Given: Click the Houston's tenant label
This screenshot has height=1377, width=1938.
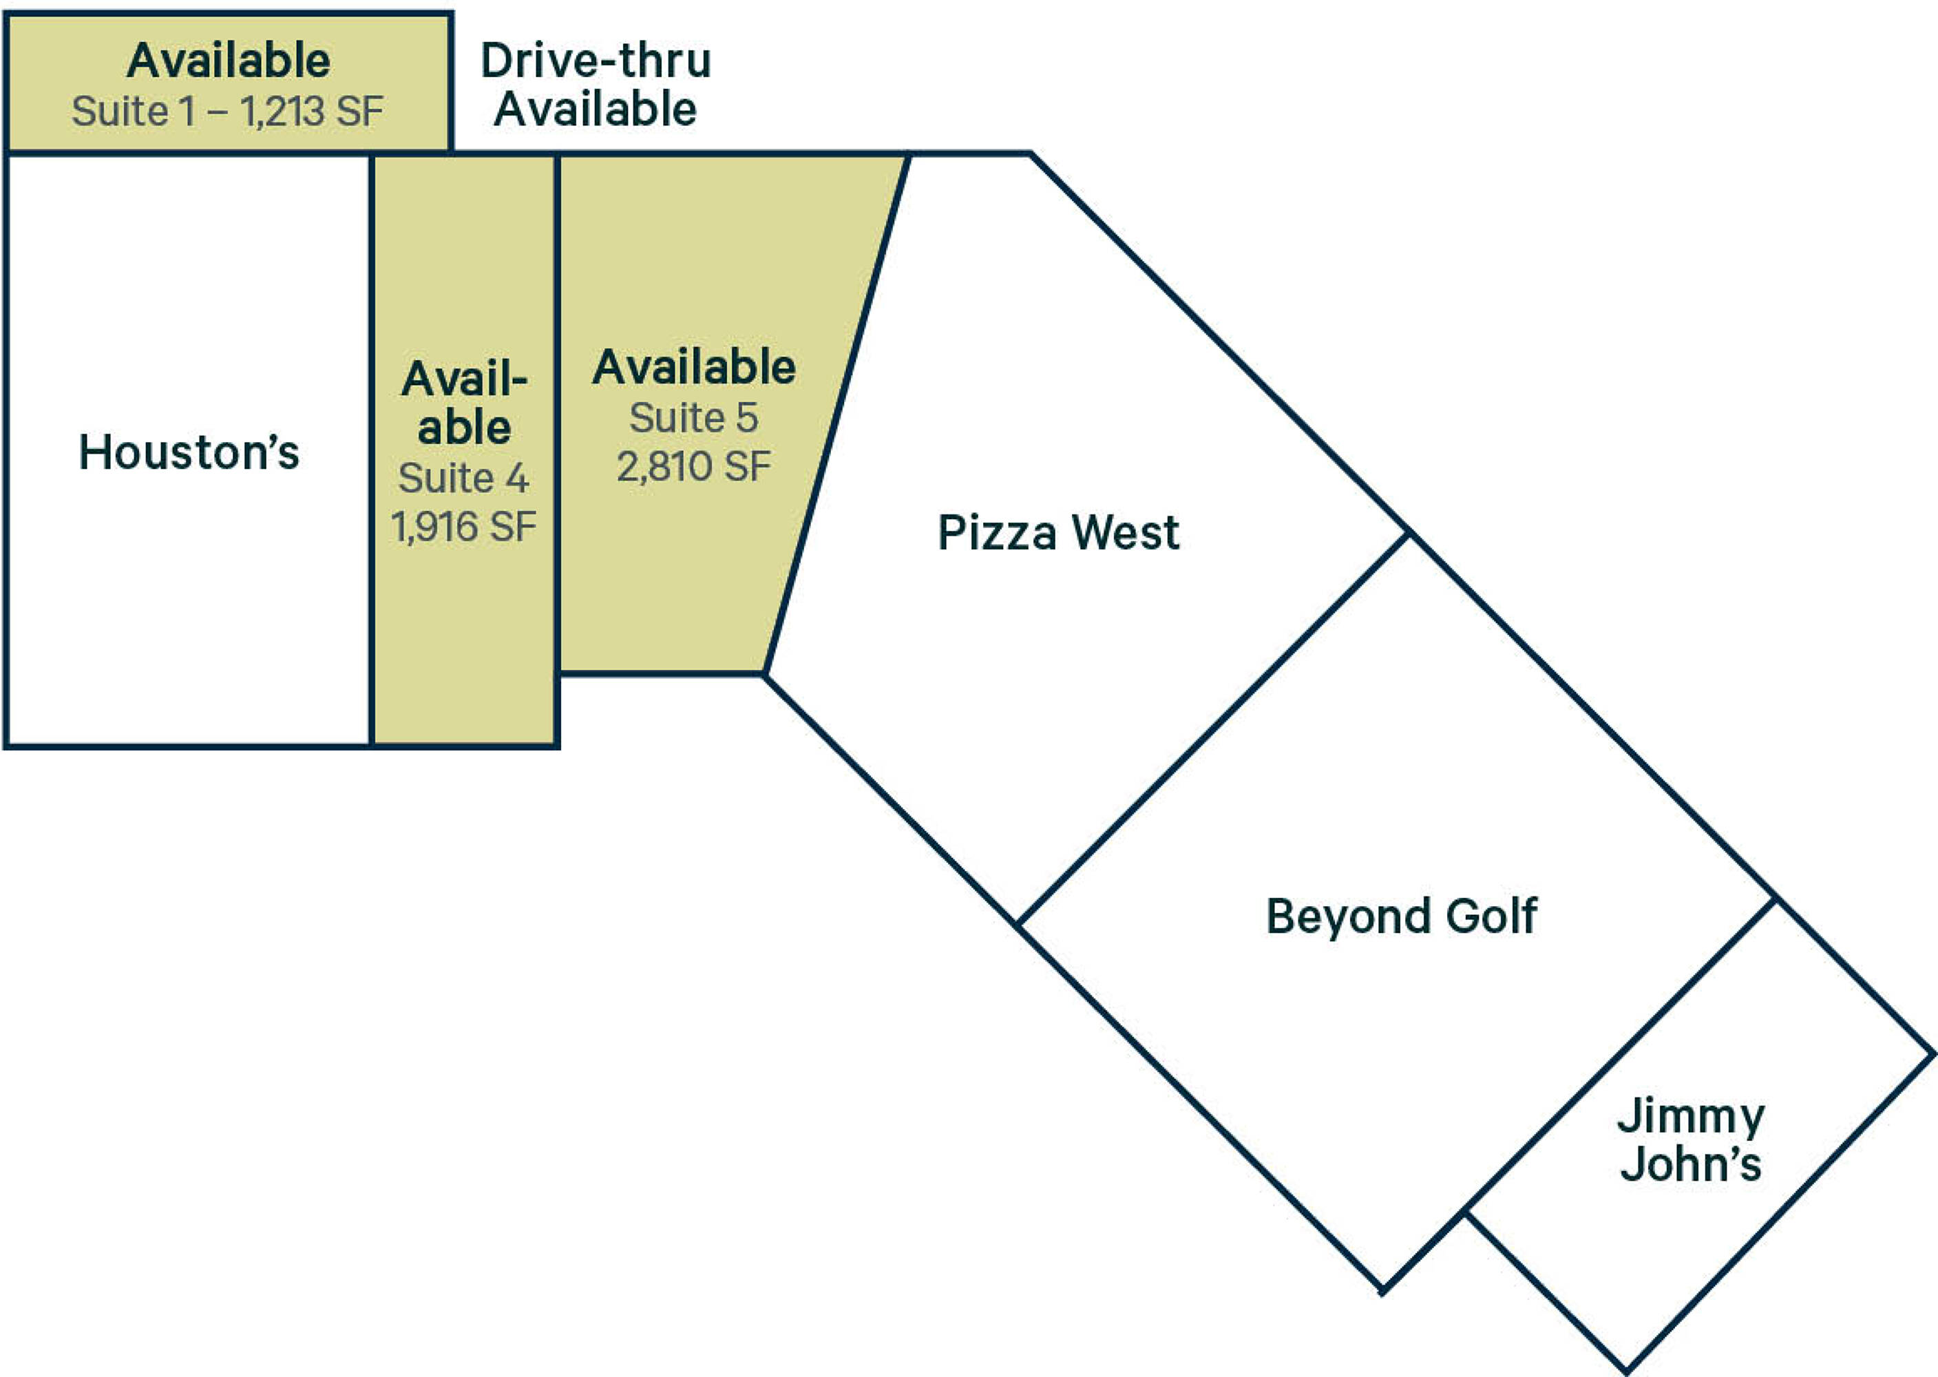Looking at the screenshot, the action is (x=189, y=452).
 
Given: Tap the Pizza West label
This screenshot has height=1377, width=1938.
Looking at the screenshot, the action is (x=1058, y=532).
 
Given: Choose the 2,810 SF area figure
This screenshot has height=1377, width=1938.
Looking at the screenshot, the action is (x=693, y=466).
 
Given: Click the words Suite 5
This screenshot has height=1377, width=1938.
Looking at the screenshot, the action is (x=693, y=417).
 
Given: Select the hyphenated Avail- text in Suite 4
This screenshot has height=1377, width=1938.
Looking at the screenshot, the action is (x=465, y=378).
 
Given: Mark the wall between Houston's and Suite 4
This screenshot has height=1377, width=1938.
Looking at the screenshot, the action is (x=371, y=450).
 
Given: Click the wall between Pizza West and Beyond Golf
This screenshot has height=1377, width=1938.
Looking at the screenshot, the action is (x=1213, y=728).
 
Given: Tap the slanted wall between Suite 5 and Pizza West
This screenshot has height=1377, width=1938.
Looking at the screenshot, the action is (x=836, y=414).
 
